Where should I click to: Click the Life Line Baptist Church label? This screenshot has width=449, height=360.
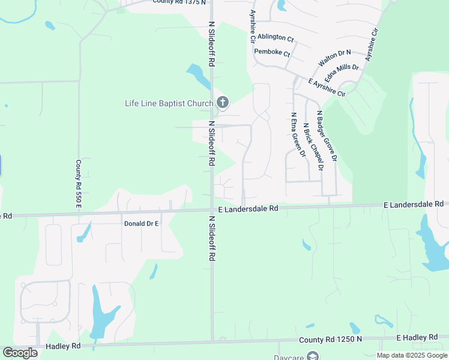tap(169, 103)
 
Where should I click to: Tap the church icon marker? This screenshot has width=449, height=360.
tap(222, 103)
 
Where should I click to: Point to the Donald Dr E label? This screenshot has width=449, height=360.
tap(140, 223)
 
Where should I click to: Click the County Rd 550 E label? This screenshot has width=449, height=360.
tap(78, 185)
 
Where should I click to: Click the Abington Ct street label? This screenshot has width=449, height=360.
tap(276, 38)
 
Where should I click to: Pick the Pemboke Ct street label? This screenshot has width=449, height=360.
tap(272, 53)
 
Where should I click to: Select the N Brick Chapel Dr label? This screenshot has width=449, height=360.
tap(313, 148)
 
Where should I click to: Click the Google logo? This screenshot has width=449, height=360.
tap(20, 353)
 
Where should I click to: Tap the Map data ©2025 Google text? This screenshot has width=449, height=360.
tap(411, 355)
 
